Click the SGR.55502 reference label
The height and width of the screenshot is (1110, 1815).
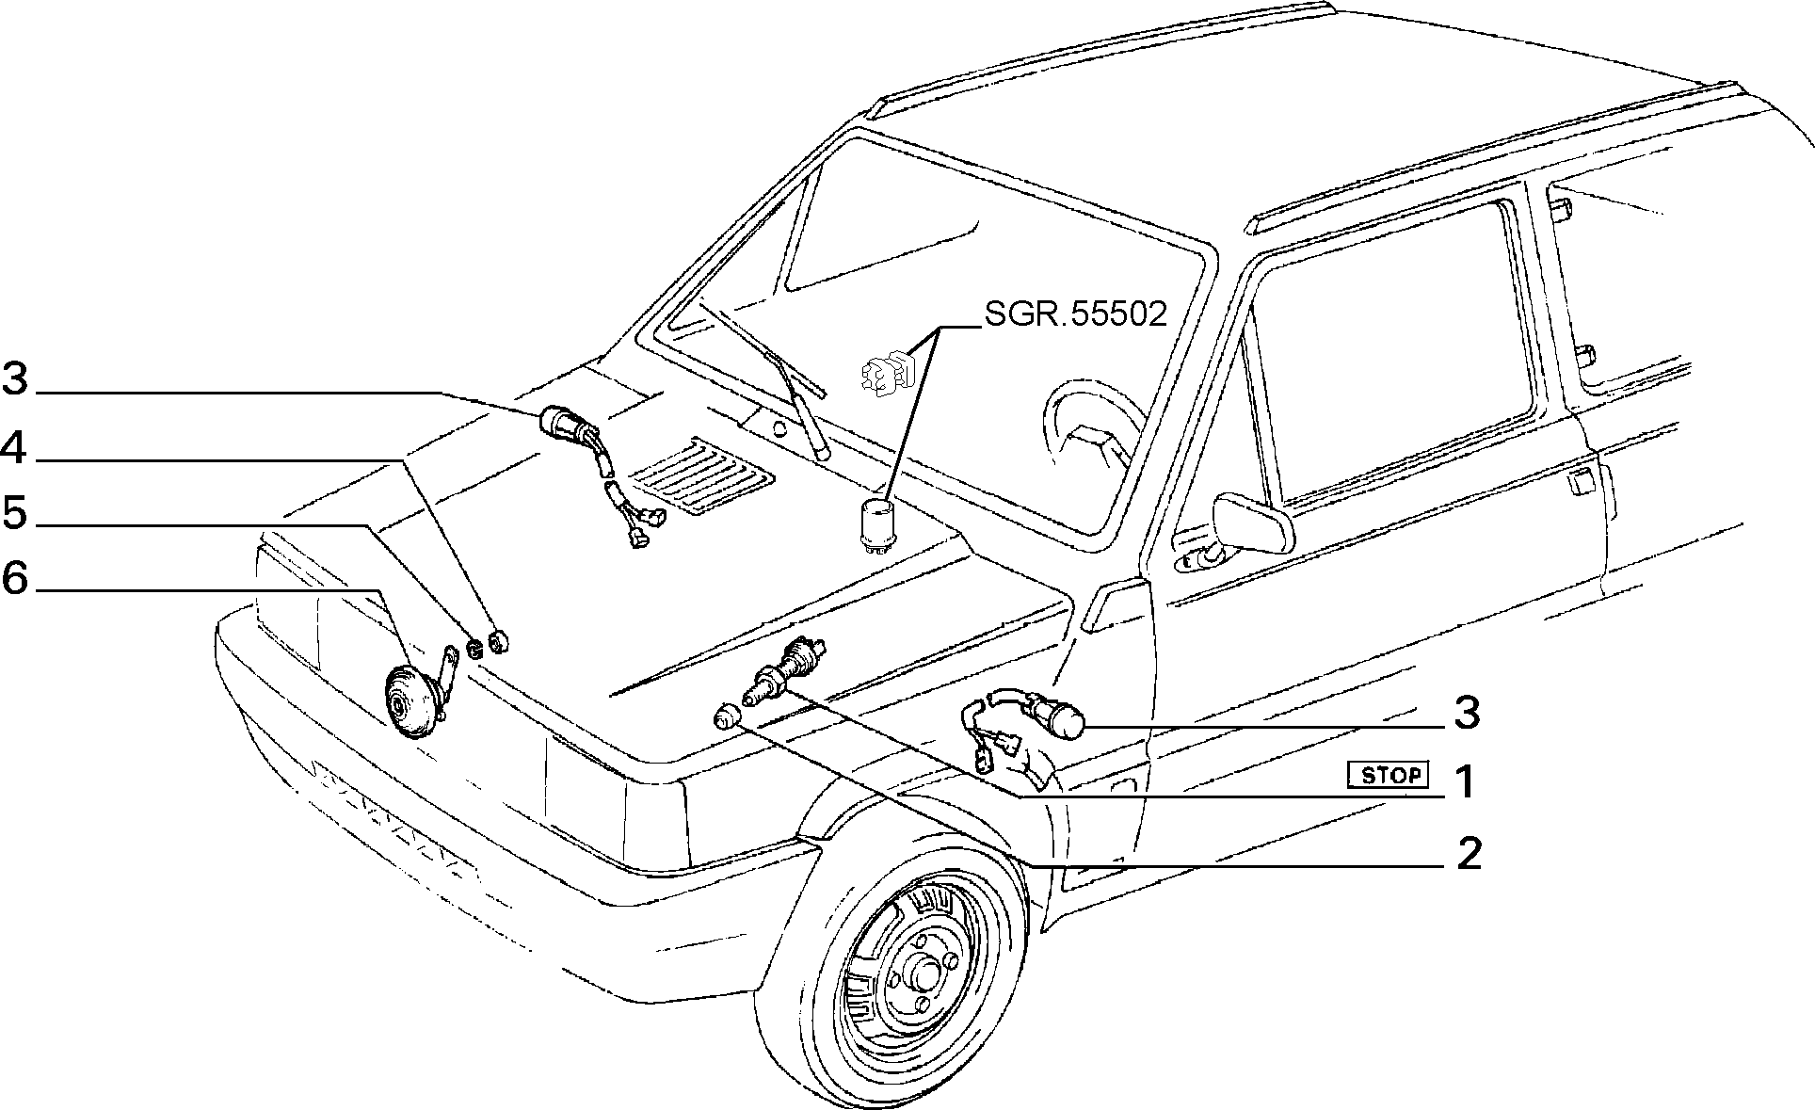click(1076, 313)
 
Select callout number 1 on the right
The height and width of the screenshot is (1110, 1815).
click(1464, 781)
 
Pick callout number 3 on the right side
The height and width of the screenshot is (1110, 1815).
click(1467, 713)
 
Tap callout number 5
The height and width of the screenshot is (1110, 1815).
click(15, 513)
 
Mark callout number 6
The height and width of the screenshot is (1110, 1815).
click(15, 578)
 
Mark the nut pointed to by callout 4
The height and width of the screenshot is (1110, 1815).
click(500, 641)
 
